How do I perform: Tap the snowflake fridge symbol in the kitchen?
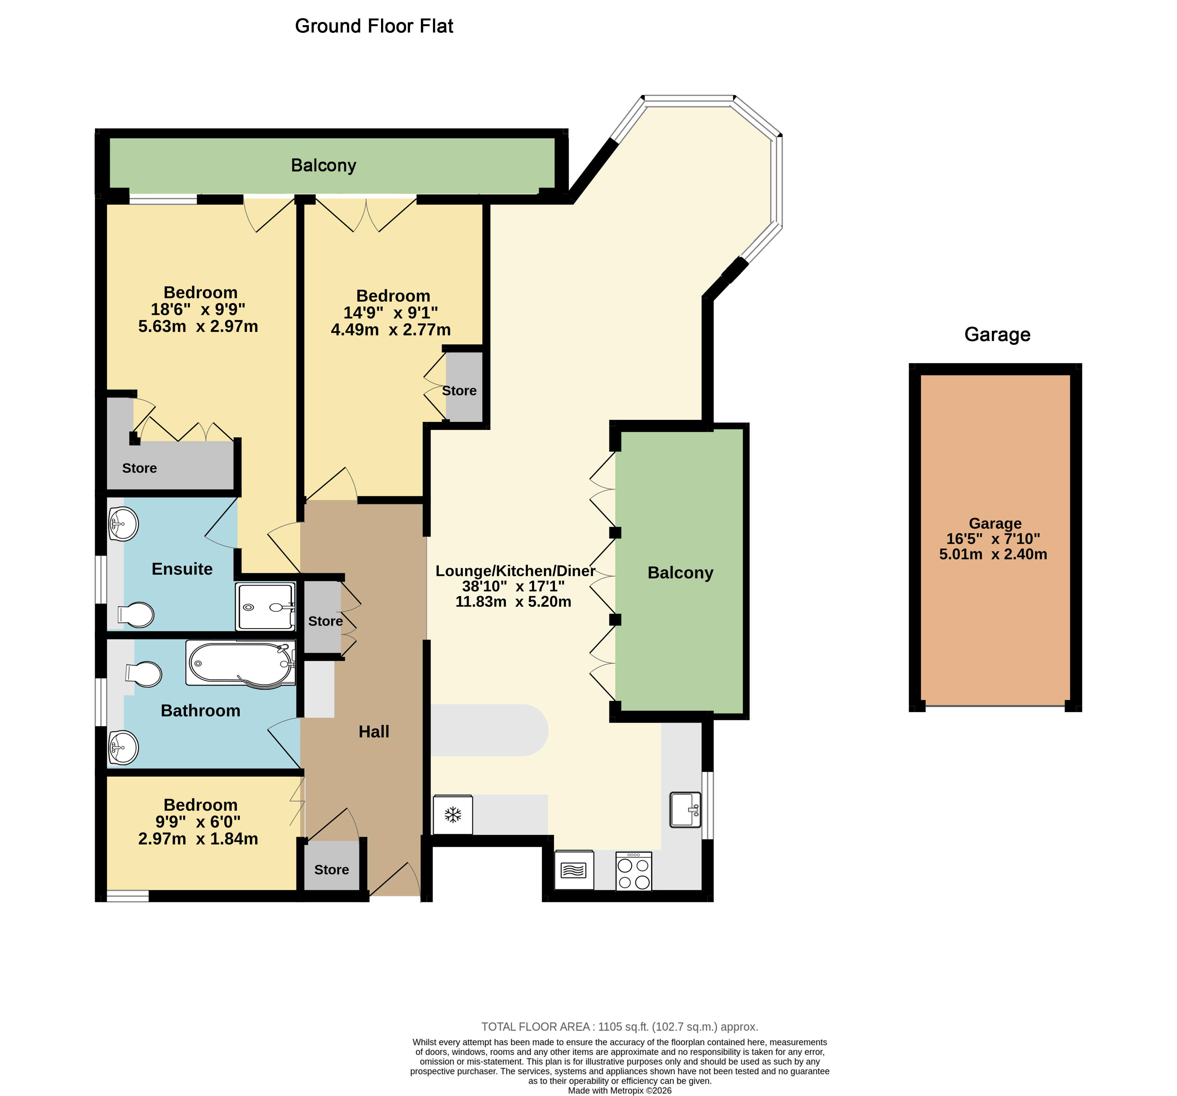coord(453,815)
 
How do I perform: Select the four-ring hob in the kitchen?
coord(633,871)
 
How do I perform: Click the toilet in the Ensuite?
coord(136,615)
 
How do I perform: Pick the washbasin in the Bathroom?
coord(124,747)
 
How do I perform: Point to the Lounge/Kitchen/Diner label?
coord(515,571)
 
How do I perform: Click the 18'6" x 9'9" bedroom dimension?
coord(198,309)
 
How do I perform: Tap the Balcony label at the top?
coord(323,165)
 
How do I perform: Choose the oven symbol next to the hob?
coord(574,870)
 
